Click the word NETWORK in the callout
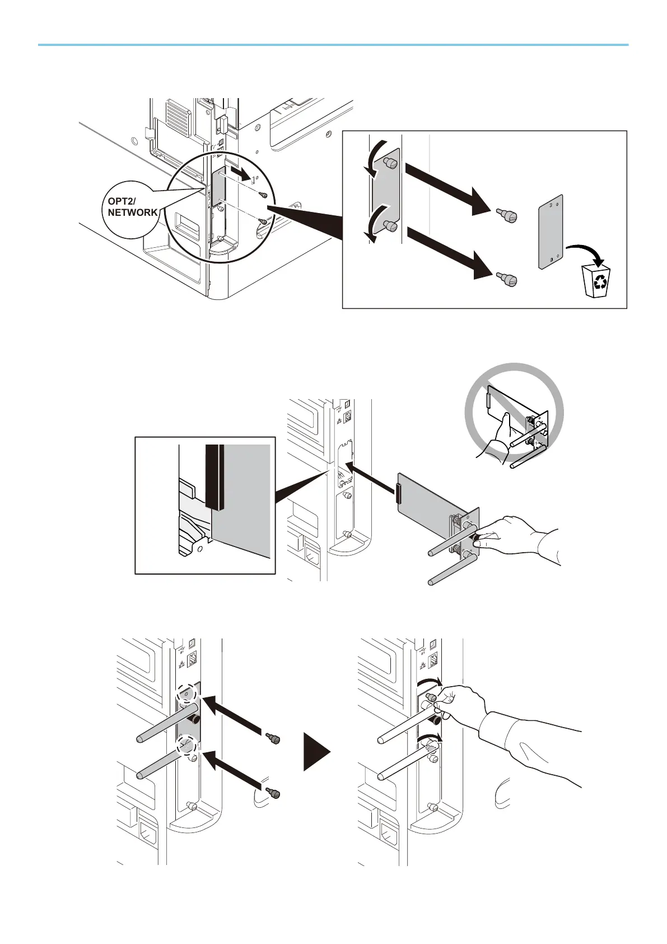tap(133, 212)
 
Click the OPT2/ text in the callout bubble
tap(121, 201)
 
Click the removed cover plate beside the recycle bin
tap(551, 232)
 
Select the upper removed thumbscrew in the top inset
tap(507, 214)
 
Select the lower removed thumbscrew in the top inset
tap(507, 279)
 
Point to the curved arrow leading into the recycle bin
tap(586, 251)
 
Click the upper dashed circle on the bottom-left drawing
tap(186, 693)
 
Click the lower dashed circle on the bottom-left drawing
tap(185, 746)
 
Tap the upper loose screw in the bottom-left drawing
tap(274, 739)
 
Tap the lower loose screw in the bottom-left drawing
tap(274, 793)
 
